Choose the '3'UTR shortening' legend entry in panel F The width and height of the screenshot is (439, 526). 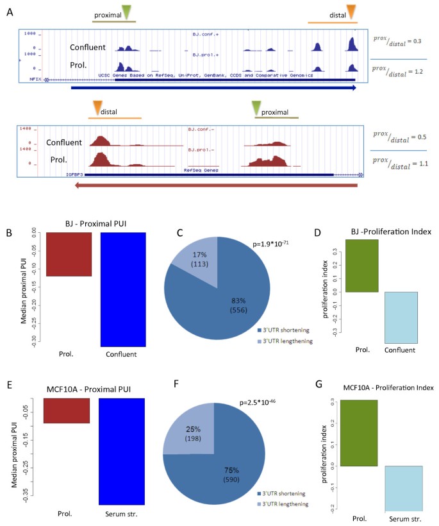[284, 493]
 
